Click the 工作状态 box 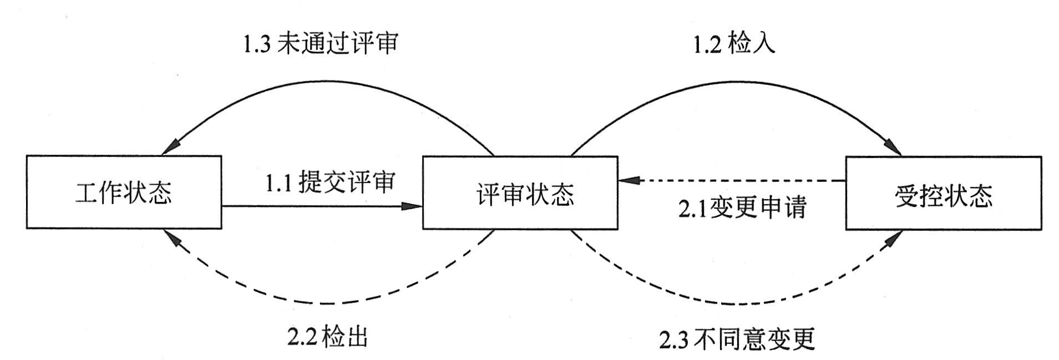coord(124,192)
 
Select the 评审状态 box coord(520,192)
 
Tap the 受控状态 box coord(943,192)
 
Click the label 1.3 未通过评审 coord(321,43)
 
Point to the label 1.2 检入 coord(733,43)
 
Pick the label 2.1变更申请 coord(741,207)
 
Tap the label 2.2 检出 coord(328,337)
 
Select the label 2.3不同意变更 coord(737,338)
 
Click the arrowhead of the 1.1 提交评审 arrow coord(414,206)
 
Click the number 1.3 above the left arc coord(257,44)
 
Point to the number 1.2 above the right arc coord(707,44)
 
